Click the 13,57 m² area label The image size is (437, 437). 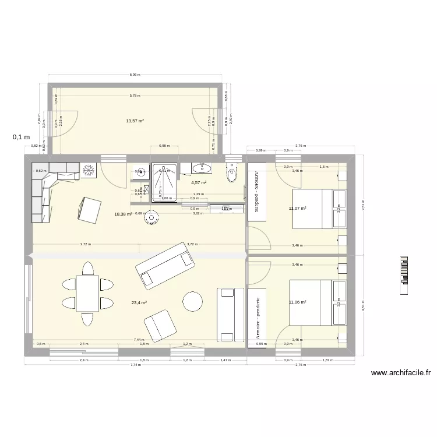coord(135,121)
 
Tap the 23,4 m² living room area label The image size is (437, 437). coord(139,303)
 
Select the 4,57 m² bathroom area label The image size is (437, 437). coord(199,183)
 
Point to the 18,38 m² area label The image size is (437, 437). coord(123,214)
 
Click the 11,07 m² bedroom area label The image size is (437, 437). coord(298,208)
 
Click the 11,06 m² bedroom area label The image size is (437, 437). coord(298,302)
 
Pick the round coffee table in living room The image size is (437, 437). coord(193,301)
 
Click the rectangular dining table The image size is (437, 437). coord(87,294)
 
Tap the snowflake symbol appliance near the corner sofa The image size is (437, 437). coord(90,169)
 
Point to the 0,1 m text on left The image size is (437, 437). coord(21,138)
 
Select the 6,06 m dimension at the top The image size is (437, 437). coord(135,75)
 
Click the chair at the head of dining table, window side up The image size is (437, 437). coord(87,268)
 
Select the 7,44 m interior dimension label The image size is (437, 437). coord(139,339)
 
